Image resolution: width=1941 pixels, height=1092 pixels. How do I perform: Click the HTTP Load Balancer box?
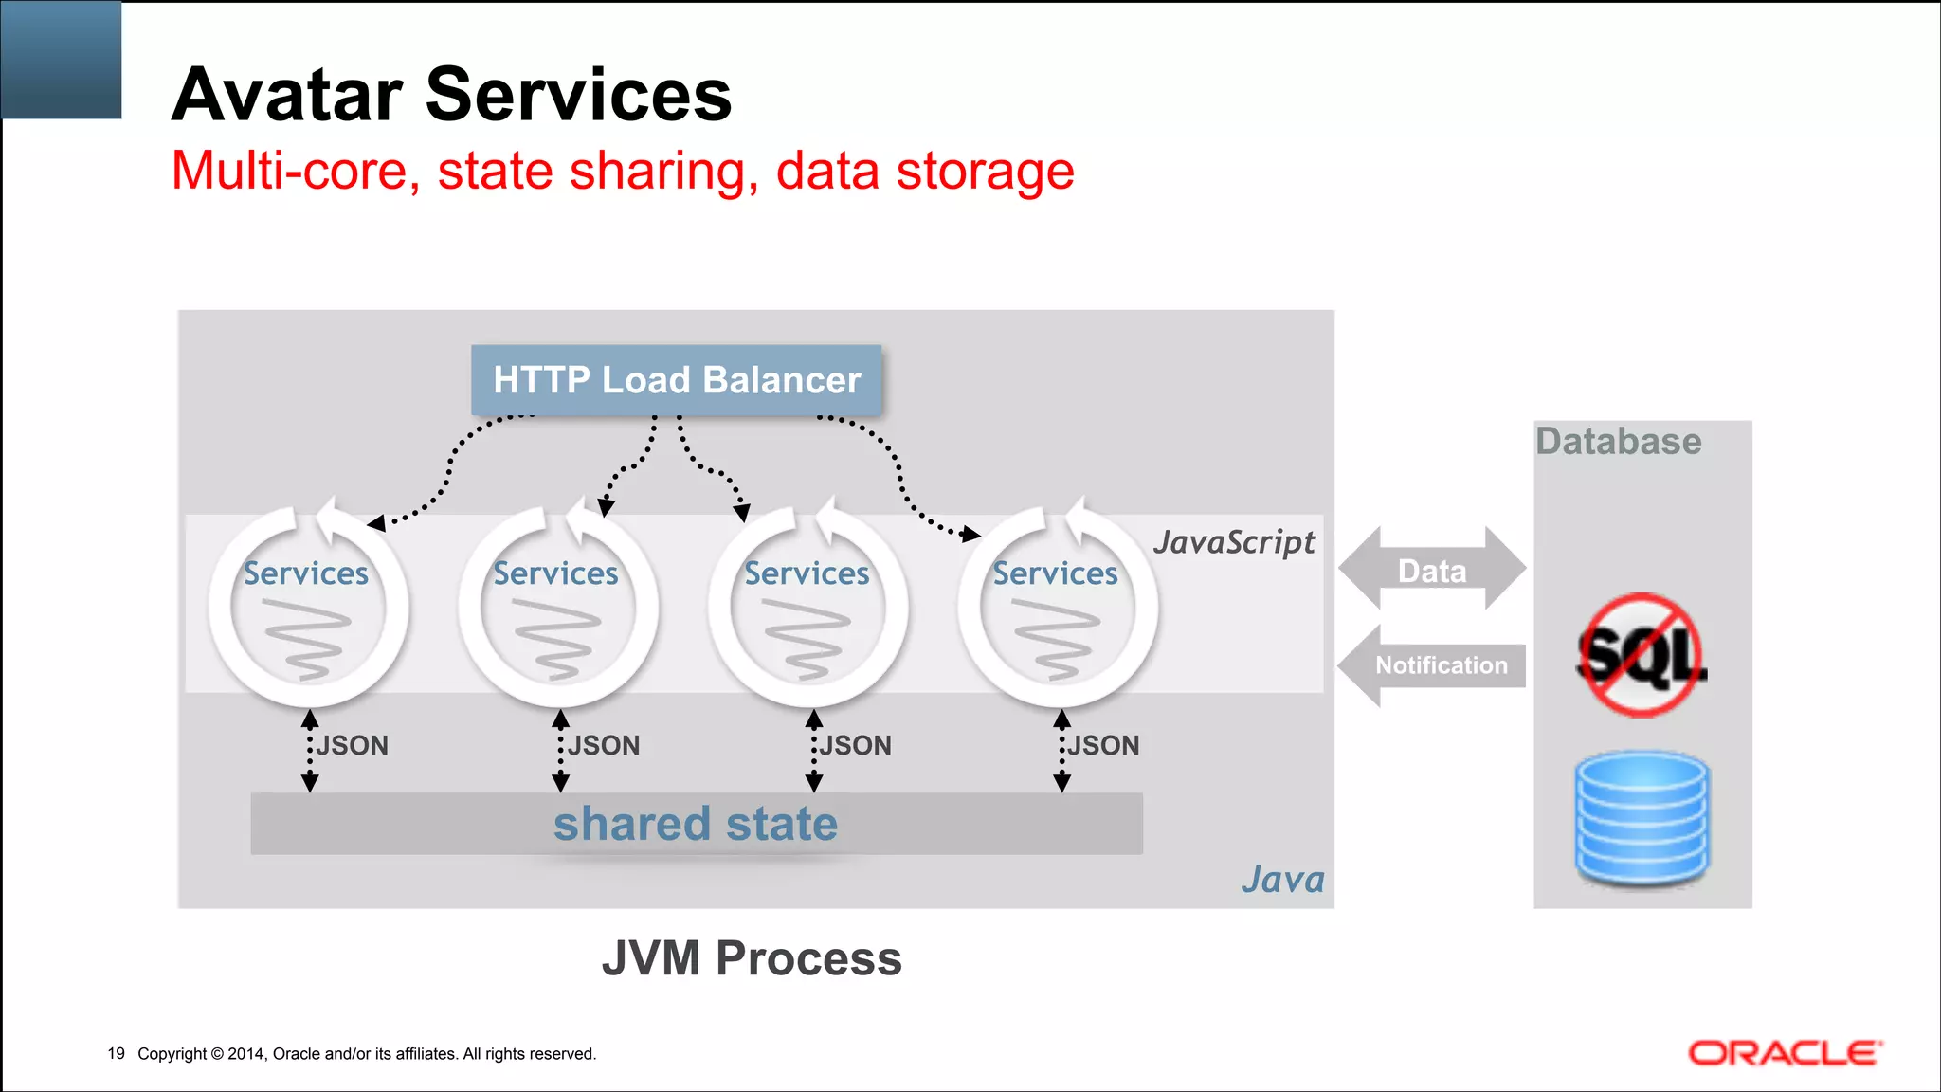[x=676, y=380]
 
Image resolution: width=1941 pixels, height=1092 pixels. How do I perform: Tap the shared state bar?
[x=696, y=824]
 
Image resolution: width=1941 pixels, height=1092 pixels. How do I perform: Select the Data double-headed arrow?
[x=1431, y=570]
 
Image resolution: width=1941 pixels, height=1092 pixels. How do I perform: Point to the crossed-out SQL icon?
[x=1640, y=655]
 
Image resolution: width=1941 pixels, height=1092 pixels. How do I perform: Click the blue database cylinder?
[x=1642, y=818]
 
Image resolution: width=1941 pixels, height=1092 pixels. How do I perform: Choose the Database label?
[x=1618, y=442]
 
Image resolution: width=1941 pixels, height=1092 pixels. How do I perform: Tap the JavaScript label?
[x=1233, y=542]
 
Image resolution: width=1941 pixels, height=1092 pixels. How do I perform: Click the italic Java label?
[x=1282, y=880]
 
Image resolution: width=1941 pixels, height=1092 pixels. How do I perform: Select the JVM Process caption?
[x=752, y=958]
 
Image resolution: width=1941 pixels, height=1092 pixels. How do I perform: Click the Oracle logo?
[x=1785, y=1053]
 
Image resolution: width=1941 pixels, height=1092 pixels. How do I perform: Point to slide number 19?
[x=116, y=1053]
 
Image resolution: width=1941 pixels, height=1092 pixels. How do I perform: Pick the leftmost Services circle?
[x=307, y=607]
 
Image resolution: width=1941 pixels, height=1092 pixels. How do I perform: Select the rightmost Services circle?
[x=1057, y=607]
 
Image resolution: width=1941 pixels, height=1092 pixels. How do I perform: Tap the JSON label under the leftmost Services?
[x=352, y=746]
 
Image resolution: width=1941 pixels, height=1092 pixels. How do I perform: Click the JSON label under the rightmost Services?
[x=1103, y=746]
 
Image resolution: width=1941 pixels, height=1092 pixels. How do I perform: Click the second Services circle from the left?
[x=557, y=607]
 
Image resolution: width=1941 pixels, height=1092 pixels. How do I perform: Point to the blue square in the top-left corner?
[x=62, y=60]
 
